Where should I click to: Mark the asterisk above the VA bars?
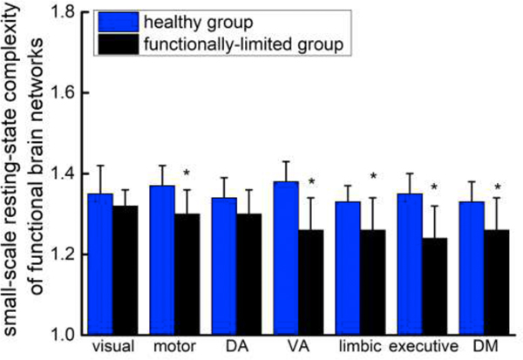(309, 182)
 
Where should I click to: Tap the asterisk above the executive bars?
(433, 187)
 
